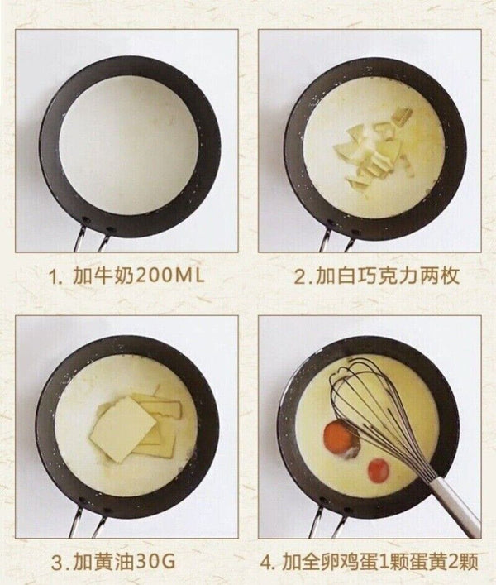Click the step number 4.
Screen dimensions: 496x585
(x=266, y=563)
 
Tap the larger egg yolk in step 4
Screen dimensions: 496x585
(x=337, y=437)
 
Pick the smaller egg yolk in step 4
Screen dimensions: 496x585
(x=379, y=470)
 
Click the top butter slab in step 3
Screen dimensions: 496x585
(x=124, y=429)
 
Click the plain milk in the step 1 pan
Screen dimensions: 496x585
(x=129, y=146)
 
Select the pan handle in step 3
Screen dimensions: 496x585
(x=88, y=522)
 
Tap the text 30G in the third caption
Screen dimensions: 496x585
(x=155, y=563)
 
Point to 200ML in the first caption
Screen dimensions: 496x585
(x=169, y=276)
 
